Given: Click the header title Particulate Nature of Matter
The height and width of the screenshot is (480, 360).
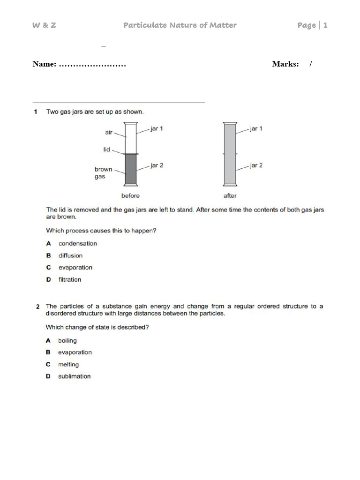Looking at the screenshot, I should [180, 25].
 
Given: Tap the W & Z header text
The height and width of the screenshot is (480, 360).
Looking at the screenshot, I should [44, 25].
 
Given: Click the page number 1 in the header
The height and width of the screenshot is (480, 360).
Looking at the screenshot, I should [325, 25].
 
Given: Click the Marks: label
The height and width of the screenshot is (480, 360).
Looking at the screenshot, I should [285, 64].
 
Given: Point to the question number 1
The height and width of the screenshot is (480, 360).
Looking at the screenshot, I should [36, 112].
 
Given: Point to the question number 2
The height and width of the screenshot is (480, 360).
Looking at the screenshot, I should [37, 307].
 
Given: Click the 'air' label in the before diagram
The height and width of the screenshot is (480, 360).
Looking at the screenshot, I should [109, 133].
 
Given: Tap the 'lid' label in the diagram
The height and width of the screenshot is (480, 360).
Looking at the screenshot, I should [107, 150].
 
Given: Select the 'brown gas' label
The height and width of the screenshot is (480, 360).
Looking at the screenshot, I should [103, 173].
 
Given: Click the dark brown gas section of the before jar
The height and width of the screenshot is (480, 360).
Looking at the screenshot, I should [131, 170].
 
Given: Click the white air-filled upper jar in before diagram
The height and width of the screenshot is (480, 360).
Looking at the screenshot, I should [131, 138].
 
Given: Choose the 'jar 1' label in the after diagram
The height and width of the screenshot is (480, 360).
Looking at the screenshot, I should [256, 128].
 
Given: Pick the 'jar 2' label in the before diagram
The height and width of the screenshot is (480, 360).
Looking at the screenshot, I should [157, 165].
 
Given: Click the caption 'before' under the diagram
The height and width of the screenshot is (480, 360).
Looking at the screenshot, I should [130, 195].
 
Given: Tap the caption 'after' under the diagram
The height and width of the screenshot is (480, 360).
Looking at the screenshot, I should [230, 195].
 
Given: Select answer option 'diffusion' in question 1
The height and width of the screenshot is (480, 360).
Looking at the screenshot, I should [70, 255].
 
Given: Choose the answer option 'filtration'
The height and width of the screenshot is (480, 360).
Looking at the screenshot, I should [69, 279].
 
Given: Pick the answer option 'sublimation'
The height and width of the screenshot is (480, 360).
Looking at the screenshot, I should [74, 376].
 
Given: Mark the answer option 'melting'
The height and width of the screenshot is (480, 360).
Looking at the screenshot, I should [68, 364].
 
